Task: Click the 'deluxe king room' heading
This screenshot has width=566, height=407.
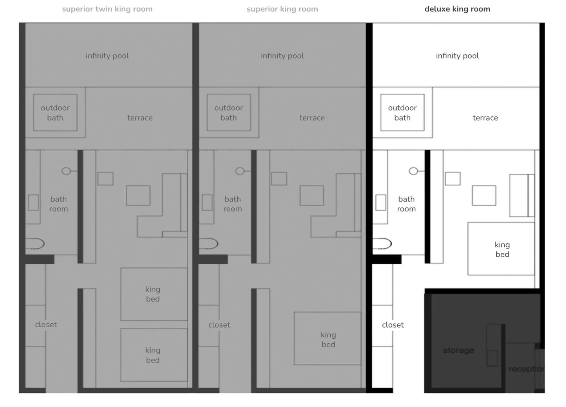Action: (x=457, y=9)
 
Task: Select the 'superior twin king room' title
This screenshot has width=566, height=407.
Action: (x=107, y=9)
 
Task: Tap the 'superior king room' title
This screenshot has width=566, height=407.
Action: (x=282, y=9)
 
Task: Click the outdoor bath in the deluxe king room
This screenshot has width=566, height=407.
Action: (x=402, y=113)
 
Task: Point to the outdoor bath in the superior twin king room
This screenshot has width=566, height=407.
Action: (x=55, y=113)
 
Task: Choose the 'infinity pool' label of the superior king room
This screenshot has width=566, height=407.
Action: (x=282, y=56)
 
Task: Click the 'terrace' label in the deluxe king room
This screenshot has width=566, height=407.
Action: (x=485, y=118)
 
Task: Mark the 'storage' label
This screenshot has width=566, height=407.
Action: (x=458, y=350)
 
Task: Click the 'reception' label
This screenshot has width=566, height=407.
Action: (x=526, y=369)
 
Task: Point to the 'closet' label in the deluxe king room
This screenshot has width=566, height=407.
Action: (x=393, y=325)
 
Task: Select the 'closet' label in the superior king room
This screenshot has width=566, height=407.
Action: (x=219, y=325)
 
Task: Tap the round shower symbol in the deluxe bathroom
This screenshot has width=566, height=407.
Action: (x=413, y=171)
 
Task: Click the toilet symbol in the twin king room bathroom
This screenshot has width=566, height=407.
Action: (x=35, y=244)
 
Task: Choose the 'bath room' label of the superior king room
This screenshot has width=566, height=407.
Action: (x=232, y=204)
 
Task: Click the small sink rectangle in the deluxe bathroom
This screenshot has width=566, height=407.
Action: (x=380, y=202)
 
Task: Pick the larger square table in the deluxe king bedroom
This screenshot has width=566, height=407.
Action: (x=484, y=196)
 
